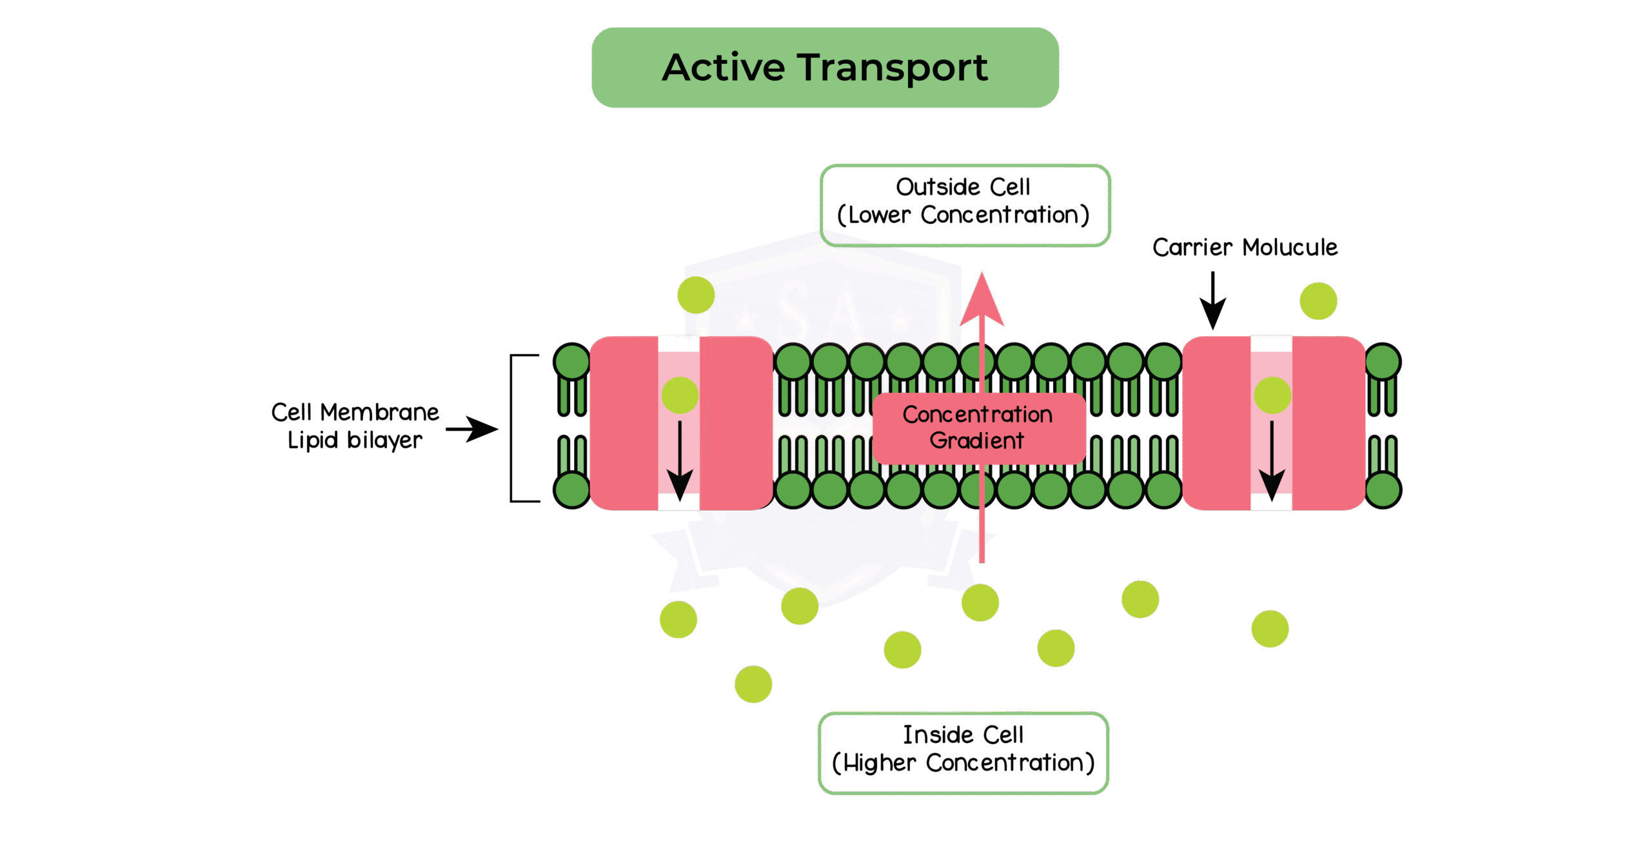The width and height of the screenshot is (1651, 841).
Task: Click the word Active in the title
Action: (x=724, y=68)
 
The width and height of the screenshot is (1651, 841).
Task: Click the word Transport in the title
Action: (x=893, y=68)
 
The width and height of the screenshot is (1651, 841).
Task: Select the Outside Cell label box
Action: (x=964, y=205)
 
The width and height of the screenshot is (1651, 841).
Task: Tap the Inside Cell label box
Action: (x=963, y=753)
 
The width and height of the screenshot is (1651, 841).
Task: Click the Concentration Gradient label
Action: (x=978, y=428)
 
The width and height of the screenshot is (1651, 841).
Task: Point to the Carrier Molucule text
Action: (x=1245, y=248)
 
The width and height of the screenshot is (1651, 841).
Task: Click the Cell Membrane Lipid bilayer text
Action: (x=355, y=426)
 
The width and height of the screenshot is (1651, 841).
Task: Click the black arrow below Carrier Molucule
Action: (x=1212, y=301)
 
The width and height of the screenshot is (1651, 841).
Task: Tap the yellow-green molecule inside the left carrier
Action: (x=680, y=395)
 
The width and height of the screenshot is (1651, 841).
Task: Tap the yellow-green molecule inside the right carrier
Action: (x=1272, y=395)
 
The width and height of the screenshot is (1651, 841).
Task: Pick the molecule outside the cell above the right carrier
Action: (x=1318, y=301)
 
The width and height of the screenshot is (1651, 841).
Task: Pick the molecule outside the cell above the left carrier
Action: (x=696, y=295)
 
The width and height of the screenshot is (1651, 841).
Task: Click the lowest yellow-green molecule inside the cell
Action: (x=753, y=684)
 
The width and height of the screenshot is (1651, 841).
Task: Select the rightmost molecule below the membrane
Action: (x=1270, y=629)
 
